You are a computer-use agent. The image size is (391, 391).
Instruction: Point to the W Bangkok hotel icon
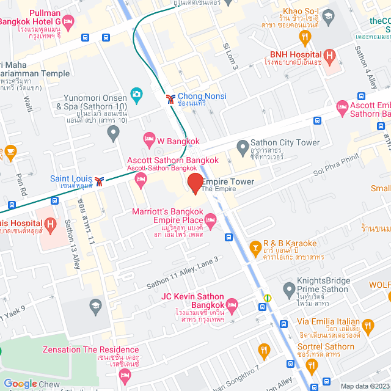(x=148, y=141)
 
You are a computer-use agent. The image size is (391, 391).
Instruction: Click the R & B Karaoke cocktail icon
(x=255, y=247)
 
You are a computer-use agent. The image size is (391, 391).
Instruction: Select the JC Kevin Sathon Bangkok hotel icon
(x=232, y=304)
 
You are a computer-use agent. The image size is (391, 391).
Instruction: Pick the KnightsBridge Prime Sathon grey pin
(x=288, y=288)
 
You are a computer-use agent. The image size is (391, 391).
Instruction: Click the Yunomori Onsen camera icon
(x=136, y=96)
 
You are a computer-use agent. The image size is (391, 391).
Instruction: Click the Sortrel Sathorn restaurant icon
(x=265, y=350)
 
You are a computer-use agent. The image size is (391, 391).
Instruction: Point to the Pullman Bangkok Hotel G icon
(x=68, y=22)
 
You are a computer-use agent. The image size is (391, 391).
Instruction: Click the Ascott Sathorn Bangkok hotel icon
(x=141, y=178)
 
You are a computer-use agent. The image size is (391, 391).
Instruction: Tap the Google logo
(x=20, y=384)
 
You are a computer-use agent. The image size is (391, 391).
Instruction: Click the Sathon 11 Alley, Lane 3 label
(x=182, y=272)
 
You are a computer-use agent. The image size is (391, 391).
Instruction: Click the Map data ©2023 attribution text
(x=364, y=386)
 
